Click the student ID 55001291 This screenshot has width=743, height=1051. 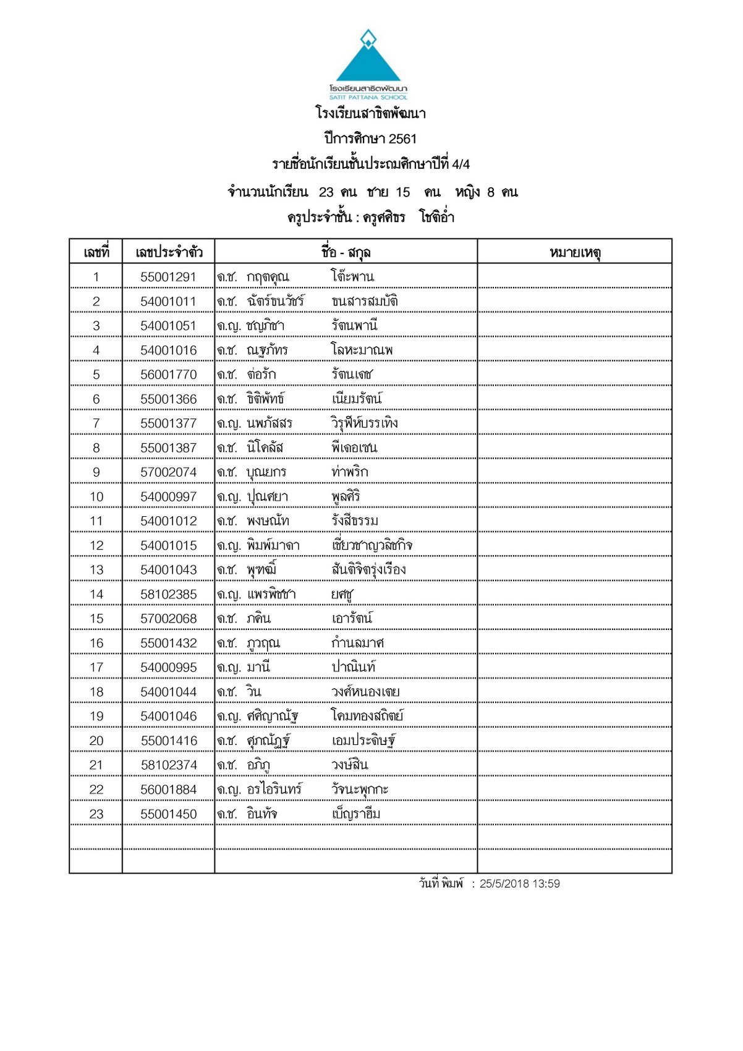pos(168,277)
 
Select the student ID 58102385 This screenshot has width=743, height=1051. pos(168,595)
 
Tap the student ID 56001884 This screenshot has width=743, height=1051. pos(168,790)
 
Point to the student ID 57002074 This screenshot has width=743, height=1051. pos(168,472)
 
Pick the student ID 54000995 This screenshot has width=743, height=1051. pos(168,668)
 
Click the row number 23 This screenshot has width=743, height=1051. pos(96,814)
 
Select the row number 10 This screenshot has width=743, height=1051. pos(96,497)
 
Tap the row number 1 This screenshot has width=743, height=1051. pos(96,277)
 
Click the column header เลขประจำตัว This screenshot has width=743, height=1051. pos(169,252)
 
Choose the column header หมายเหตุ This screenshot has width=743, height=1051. pos(575,252)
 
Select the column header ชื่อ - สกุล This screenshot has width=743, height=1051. pos(346,252)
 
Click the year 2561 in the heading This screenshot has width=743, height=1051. pos(402,139)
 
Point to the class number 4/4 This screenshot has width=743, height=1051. pos(461,164)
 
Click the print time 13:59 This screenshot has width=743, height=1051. pos(546,884)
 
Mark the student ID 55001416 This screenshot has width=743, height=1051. pos(168,741)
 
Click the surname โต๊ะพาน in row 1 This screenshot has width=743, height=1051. pos(352,276)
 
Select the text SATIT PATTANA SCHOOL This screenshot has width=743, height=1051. pos(368,97)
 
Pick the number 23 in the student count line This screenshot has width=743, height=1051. pos(326,192)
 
